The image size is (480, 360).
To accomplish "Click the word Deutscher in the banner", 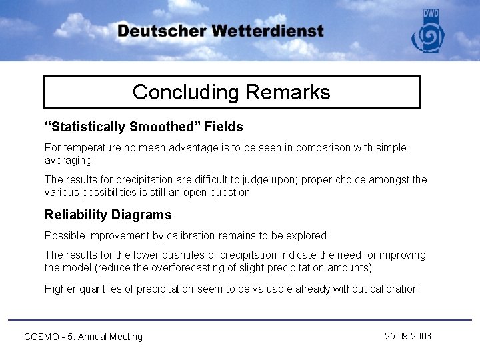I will (161, 31).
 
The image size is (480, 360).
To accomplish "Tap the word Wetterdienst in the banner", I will (268, 31).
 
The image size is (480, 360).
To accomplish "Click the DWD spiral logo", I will (427, 36).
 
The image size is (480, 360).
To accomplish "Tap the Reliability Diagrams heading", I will (108, 215).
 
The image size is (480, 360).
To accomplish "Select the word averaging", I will (68, 160).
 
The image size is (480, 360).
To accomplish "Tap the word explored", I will (306, 235).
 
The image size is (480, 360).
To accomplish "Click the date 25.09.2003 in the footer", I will (408, 336).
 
